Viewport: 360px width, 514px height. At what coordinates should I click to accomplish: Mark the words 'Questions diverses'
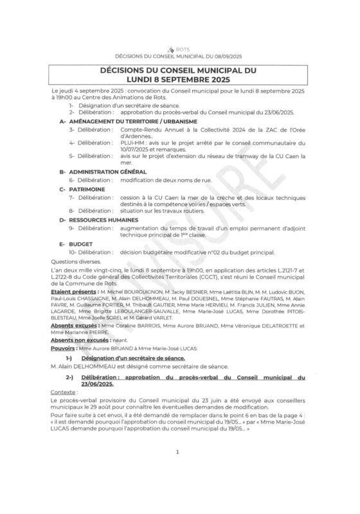[x=73, y=261]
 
